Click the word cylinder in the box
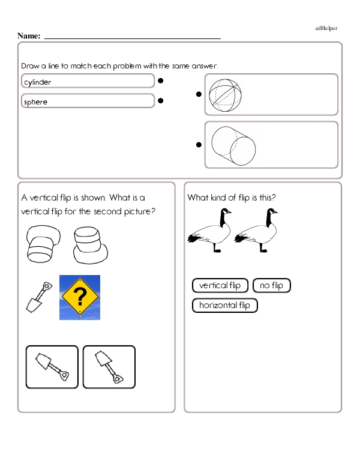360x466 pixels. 37,82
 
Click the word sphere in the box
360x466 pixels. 35,102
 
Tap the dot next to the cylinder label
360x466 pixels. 161,80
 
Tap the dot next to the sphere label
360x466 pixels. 161,101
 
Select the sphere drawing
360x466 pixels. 227,94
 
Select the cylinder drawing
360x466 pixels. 233,145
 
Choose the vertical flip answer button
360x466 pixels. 220,285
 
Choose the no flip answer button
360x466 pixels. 272,285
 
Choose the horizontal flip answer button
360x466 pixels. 224,306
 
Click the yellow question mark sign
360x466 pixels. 80,297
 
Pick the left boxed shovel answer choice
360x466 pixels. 52,367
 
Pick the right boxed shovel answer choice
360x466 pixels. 109,367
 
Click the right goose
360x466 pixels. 258,231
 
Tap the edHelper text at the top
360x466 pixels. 326,28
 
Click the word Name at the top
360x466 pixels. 29,36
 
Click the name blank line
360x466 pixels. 132,38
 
